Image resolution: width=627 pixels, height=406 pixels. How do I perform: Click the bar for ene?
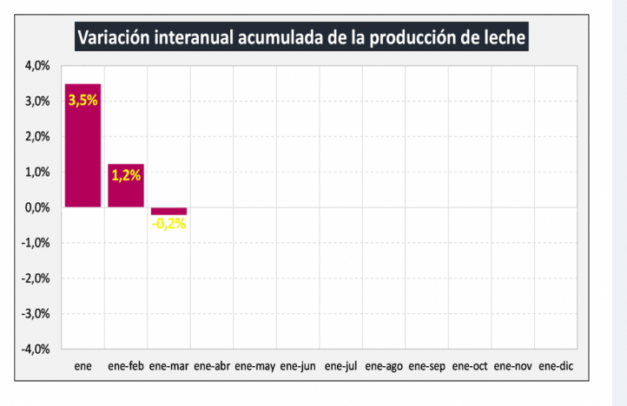click(x=82, y=145)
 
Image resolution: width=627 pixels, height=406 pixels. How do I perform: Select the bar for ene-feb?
click(x=126, y=186)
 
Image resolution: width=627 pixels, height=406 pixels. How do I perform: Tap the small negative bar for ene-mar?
click(x=168, y=211)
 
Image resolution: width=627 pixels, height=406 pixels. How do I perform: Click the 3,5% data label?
click(x=83, y=100)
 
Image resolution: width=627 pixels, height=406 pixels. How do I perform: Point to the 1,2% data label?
click(x=126, y=174)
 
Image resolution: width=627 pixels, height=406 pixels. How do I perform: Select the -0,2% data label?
click(x=168, y=223)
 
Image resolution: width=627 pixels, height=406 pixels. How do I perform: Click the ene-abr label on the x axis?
click(x=212, y=367)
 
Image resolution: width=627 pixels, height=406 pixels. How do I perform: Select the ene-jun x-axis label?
click(x=297, y=367)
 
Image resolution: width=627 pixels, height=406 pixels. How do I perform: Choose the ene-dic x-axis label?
click(x=556, y=367)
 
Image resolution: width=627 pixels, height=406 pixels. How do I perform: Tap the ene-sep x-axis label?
click(x=426, y=367)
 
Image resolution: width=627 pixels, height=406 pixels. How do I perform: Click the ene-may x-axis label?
click(x=254, y=367)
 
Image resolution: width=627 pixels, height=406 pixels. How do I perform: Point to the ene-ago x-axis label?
click(x=384, y=367)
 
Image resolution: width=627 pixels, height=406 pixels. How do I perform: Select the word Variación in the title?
click(x=111, y=38)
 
